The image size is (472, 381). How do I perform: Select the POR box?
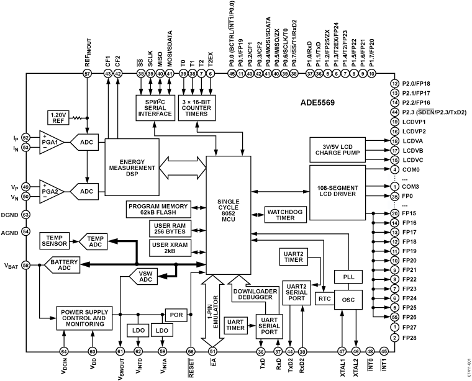[175, 314]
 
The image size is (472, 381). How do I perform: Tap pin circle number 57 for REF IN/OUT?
[88, 74]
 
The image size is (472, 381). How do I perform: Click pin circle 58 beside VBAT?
[26, 265]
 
